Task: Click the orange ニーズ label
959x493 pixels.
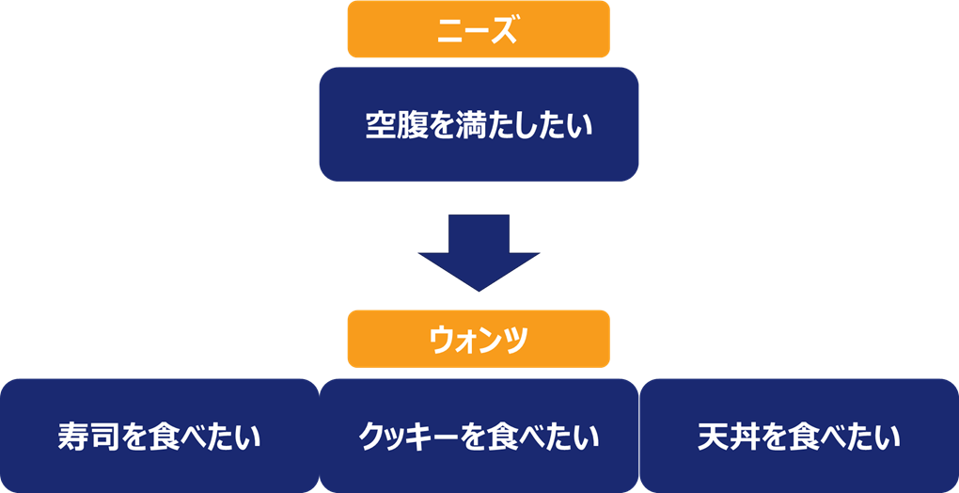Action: point(478,30)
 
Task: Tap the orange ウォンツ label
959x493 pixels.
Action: point(478,339)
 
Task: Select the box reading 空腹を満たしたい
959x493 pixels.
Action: point(478,124)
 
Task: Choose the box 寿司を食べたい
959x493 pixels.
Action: point(159,437)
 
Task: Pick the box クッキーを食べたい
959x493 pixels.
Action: point(479,437)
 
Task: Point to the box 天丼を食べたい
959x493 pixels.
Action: point(798,437)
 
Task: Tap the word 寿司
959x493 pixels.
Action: point(90,437)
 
